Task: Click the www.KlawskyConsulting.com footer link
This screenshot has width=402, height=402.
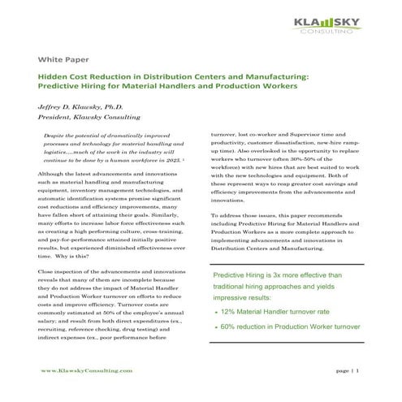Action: [86, 370]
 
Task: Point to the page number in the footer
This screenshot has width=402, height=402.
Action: [358, 370]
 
